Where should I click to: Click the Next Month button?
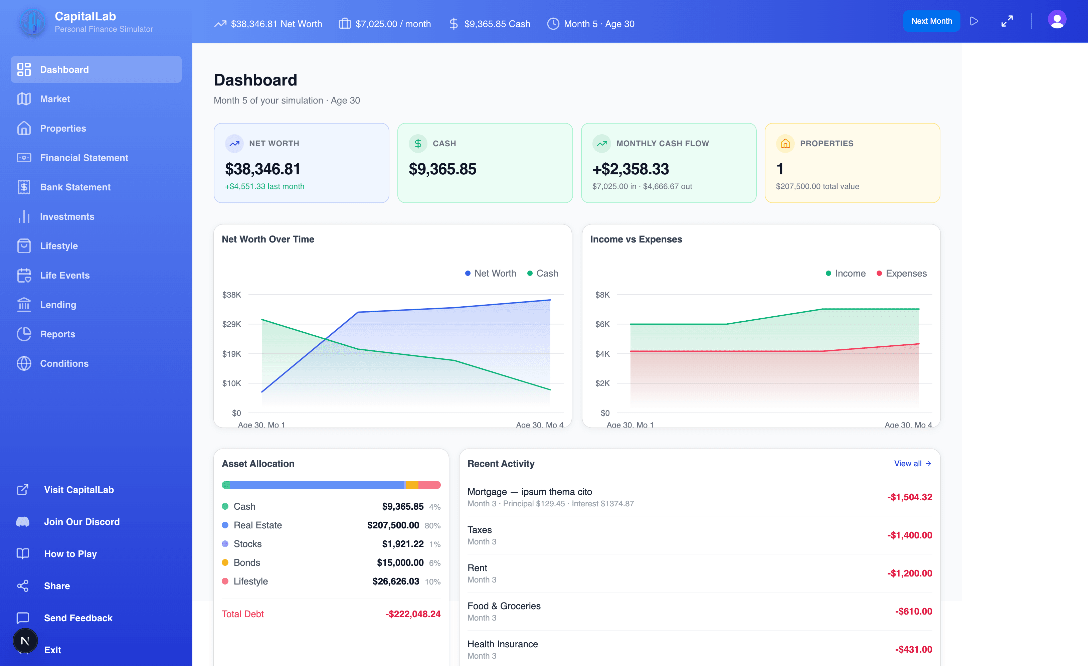[931, 21]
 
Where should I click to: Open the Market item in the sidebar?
[55, 99]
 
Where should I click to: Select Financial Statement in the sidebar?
[84, 158]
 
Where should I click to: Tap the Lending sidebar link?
[58, 305]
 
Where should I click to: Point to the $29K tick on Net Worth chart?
[231, 324]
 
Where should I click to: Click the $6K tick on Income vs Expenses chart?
[602, 324]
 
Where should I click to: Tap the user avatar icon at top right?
[1057, 20]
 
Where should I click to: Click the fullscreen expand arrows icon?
[1007, 21]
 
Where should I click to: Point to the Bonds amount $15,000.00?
[400, 563]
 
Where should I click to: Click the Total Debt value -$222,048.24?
[412, 614]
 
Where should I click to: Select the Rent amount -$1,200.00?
[910, 573]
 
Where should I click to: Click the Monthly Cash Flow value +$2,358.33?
[630, 169]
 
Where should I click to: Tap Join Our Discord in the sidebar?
[82, 522]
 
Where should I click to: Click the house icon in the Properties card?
[785, 144]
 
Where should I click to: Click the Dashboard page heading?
[255, 80]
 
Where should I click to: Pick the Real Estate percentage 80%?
[432, 526]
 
